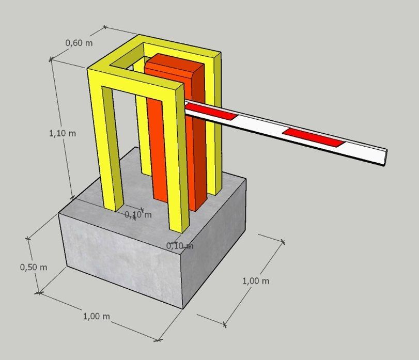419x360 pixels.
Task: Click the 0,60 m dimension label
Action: (x=79, y=43)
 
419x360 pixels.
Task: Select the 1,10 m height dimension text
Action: (x=63, y=133)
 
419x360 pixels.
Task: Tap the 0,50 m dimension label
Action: (x=34, y=267)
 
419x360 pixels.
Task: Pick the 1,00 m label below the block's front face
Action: (x=97, y=317)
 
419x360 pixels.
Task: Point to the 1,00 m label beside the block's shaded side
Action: (x=256, y=281)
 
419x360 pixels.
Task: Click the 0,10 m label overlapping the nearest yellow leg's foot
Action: (x=180, y=245)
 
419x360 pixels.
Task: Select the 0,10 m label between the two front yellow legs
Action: (x=138, y=214)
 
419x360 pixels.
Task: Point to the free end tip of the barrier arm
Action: (x=386, y=158)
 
